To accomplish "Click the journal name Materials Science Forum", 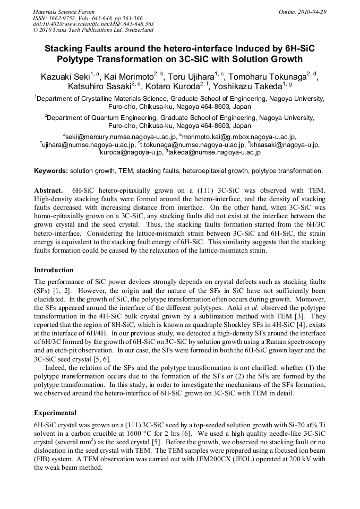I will [x=64, y=11].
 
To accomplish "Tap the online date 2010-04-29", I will [x=311, y=11].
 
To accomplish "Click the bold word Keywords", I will [x=50, y=171].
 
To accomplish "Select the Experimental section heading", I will [x=55, y=412].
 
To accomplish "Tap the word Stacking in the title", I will [x=68, y=49].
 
